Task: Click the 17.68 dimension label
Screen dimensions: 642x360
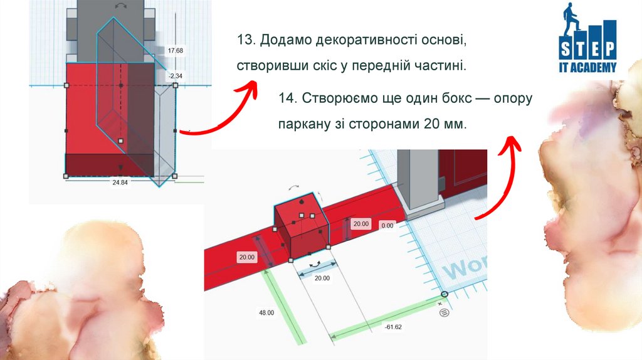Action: tap(176, 50)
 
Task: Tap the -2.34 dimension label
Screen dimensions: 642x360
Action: tap(175, 76)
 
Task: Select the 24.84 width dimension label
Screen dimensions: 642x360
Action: tap(119, 183)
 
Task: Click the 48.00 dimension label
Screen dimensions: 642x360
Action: tap(266, 312)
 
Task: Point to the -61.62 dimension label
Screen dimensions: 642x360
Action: tap(394, 327)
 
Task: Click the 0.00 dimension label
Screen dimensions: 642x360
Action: tap(387, 225)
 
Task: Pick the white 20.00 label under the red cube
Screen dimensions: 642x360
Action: tap(322, 278)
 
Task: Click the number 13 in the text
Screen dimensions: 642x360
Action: tap(244, 40)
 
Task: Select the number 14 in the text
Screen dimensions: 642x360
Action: tap(287, 99)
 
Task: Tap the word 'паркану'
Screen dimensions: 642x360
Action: tap(302, 124)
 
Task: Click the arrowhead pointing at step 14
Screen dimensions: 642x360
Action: tap(513, 144)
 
